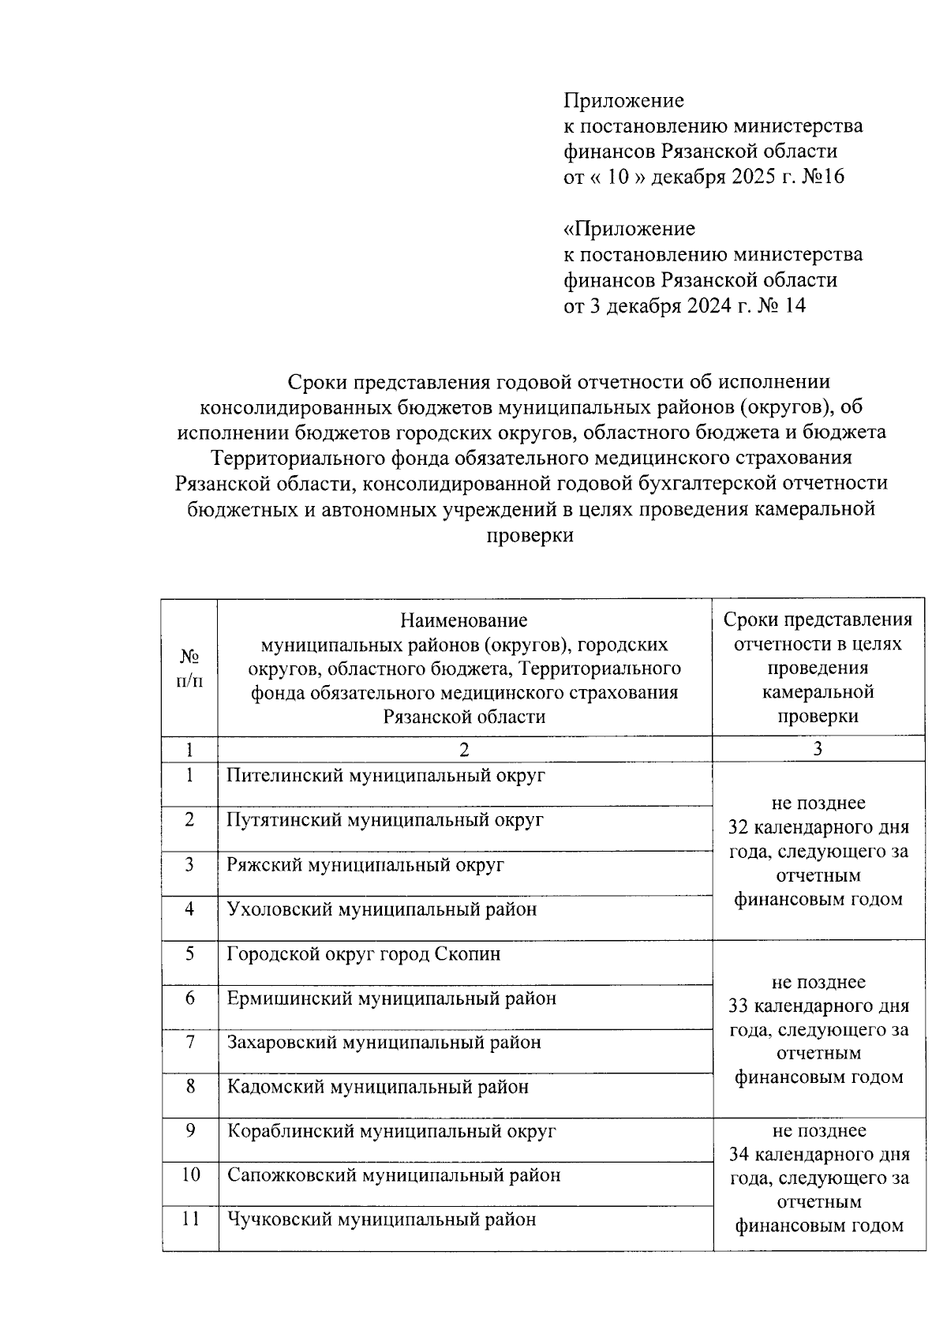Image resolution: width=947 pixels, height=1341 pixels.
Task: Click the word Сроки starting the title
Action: (x=313, y=382)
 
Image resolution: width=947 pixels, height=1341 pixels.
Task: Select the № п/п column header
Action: (x=189, y=668)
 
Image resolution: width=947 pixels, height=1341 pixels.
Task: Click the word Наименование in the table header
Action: (x=463, y=620)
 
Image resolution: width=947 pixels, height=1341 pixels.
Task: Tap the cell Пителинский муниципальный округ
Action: (x=385, y=775)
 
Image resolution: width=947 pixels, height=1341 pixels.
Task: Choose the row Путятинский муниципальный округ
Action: (x=384, y=820)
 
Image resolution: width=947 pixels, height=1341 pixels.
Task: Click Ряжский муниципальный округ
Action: (x=365, y=865)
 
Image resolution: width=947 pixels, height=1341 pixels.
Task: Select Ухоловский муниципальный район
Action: (x=381, y=909)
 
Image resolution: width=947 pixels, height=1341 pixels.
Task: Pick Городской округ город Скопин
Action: (x=363, y=954)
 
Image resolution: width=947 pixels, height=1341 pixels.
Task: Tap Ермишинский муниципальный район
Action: (x=391, y=998)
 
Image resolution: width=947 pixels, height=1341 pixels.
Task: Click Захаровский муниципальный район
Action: (x=384, y=1043)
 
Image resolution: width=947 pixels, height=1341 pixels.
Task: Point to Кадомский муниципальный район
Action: (x=377, y=1087)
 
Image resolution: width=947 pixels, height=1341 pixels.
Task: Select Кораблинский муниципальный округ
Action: (x=391, y=1131)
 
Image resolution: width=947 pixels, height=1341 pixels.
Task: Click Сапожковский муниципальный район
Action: (x=394, y=1175)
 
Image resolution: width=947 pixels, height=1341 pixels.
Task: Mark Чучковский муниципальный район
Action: (x=381, y=1219)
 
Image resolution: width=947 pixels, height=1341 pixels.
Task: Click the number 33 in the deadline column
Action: (x=738, y=1006)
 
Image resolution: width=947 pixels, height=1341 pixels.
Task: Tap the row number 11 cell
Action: (x=189, y=1219)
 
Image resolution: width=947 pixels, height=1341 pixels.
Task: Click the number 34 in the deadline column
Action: (x=739, y=1155)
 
